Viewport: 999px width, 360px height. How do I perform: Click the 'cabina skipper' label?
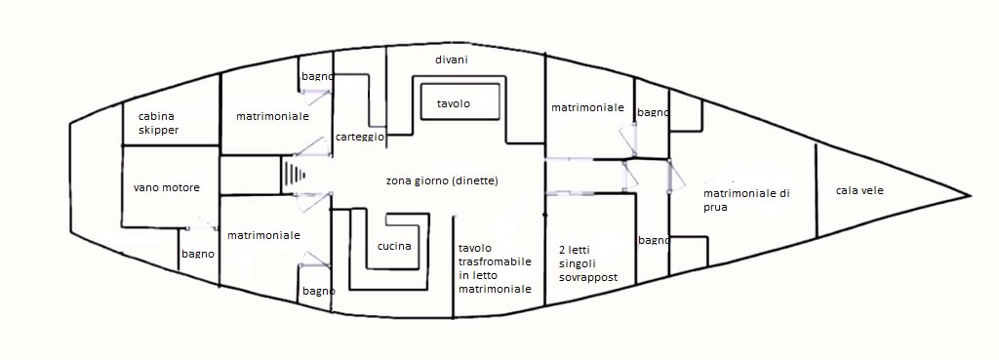(159, 124)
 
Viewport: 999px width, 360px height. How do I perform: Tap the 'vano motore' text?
(166, 188)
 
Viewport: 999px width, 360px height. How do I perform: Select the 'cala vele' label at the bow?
(859, 190)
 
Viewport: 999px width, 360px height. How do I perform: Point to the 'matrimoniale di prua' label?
(746, 200)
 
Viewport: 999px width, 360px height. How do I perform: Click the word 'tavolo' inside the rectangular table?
(454, 103)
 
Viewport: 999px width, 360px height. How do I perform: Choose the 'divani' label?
(452, 60)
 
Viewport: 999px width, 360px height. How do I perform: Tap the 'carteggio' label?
(360, 138)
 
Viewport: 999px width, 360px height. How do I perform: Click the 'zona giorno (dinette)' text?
(442, 180)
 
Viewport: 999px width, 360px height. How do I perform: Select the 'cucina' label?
(394, 247)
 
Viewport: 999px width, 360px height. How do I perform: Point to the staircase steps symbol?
(293, 174)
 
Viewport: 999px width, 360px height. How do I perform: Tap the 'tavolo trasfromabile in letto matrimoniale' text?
(495, 268)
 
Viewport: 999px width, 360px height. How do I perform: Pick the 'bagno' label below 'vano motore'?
(197, 254)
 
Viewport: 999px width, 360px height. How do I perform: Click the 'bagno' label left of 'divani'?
(317, 76)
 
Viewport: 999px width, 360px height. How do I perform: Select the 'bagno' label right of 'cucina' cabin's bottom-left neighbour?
(319, 291)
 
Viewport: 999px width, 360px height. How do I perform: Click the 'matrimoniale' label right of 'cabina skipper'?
(272, 117)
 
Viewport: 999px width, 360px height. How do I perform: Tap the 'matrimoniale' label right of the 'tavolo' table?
(586, 107)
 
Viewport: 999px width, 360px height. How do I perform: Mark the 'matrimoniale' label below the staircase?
(263, 235)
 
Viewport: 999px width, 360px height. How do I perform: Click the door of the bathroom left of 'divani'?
(315, 97)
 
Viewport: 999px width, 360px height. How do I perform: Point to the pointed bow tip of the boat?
(970, 195)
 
